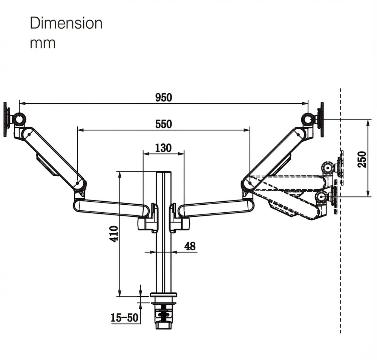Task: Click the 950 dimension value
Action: pos(164,97)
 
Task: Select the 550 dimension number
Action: pos(164,124)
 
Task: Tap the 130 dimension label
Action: pos(163,148)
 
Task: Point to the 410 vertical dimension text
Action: pos(115,234)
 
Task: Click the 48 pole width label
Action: pos(190,246)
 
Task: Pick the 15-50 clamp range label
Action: pos(125,317)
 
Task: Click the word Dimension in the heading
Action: pos(66,23)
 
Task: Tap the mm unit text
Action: pos(43,43)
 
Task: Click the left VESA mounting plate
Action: pos(6,119)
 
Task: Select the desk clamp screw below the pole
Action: pos(163,315)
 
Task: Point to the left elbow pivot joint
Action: pos(78,184)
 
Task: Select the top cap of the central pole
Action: pos(164,173)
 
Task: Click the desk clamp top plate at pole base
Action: pos(164,294)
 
